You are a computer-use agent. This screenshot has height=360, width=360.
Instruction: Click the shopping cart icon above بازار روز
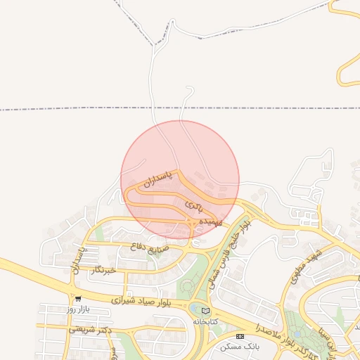[77, 299]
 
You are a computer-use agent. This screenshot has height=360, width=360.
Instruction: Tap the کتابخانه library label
[206, 321]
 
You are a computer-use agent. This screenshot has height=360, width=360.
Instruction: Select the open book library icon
[205, 311]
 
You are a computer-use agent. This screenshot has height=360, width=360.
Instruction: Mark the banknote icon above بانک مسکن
[240, 337]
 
